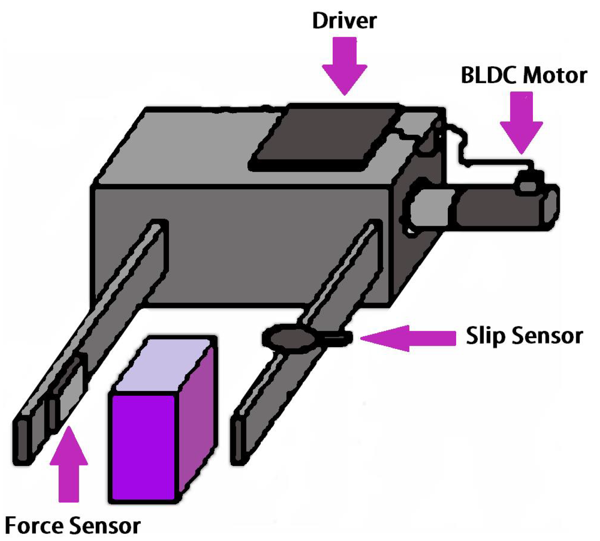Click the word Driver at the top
click(x=344, y=20)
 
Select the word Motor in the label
click(x=558, y=75)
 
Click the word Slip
click(x=485, y=337)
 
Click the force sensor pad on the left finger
click(x=68, y=389)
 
